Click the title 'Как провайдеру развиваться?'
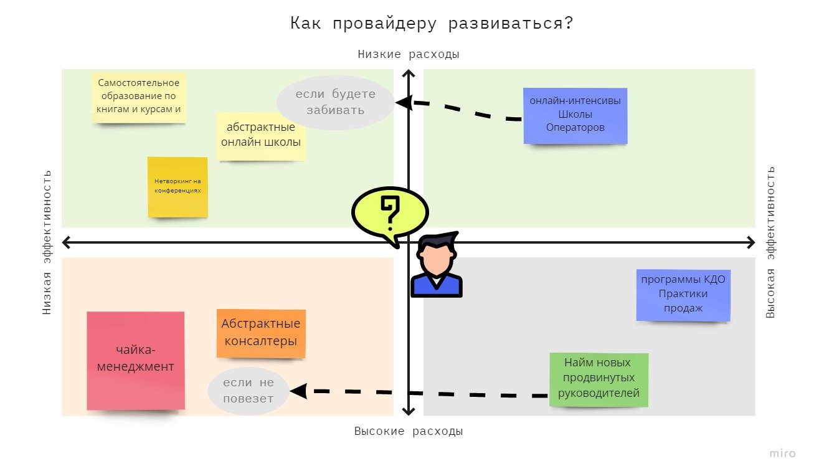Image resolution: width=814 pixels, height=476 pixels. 431,24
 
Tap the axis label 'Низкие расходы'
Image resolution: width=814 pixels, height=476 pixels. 408,54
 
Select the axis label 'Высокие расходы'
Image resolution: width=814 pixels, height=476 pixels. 408,431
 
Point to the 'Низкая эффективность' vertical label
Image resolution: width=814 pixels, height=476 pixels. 47,242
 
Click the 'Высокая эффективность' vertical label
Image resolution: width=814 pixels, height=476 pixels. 770,242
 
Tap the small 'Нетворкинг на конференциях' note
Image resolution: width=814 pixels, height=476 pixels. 177,186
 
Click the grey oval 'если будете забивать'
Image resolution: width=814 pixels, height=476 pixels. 335,102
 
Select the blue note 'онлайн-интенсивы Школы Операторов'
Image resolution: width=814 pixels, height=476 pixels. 575,115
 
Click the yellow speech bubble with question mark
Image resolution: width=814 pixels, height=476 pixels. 390,211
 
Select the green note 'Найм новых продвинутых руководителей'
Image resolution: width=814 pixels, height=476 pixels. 599,378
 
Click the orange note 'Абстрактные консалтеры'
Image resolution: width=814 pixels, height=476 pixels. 261,333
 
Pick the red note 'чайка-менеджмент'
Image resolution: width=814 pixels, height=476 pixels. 136,360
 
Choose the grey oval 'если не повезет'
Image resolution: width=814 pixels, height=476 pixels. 248,391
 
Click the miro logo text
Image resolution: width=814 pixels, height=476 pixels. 782,454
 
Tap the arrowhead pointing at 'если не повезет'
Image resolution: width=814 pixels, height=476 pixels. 298,391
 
